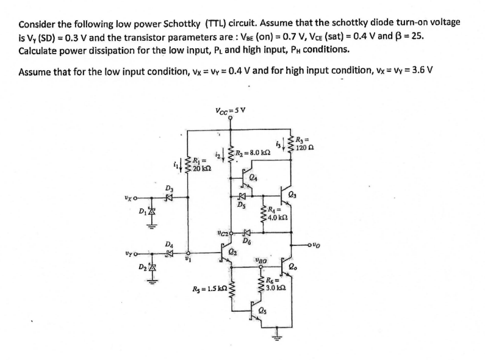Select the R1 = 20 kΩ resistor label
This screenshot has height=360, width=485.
point(204,164)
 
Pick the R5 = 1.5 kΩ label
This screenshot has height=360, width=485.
point(209,288)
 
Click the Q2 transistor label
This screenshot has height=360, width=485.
point(232,251)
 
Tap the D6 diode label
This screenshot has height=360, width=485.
point(247,242)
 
